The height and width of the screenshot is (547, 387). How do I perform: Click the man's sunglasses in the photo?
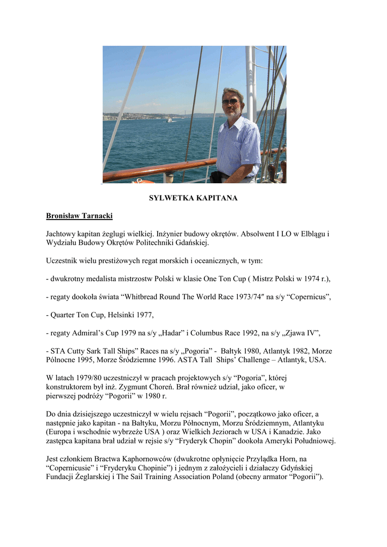coord(230,102)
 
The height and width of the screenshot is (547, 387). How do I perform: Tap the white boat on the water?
coord(169,120)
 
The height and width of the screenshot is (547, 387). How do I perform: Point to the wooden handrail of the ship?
coord(160,170)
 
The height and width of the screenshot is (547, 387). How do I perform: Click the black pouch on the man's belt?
coord(216,177)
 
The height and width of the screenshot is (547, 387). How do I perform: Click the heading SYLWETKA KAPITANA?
coord(193,198)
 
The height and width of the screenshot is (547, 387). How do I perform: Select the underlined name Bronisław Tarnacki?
coord(79,216)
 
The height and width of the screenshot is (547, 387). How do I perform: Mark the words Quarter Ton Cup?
coord(78,315)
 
